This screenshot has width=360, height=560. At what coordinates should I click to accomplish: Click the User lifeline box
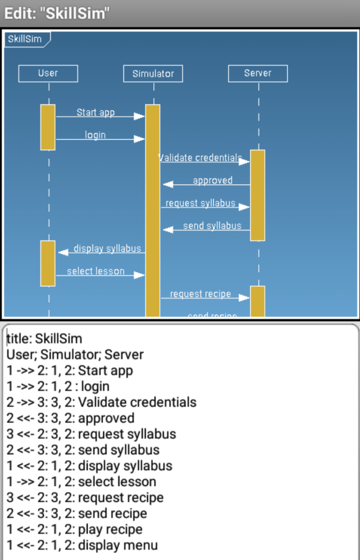(48, 74)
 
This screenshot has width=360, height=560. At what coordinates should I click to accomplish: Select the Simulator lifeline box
(153, 74)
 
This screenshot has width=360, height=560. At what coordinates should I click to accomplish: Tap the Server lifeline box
(257, 74)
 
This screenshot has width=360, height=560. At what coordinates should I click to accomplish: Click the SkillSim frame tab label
(25, 39)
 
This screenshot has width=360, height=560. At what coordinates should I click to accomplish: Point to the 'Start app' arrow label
(96, 112)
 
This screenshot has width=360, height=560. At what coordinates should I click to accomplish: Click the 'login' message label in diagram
(95, 135)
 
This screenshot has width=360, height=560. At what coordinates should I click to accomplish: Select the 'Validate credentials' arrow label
(201, 158)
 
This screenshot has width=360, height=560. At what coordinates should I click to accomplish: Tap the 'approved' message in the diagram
(212, 180)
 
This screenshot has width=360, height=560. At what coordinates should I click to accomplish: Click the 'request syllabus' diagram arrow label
(200, 203)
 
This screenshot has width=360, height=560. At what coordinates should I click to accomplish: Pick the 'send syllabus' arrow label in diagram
(212, 226)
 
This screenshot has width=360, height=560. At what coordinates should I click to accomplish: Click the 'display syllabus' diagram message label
(107, 249)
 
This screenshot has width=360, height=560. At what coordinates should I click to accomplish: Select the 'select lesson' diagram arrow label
(96, 271)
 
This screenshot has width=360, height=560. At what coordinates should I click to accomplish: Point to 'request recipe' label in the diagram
(200, 294)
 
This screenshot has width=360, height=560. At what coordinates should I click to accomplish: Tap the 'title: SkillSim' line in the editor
(45, 338)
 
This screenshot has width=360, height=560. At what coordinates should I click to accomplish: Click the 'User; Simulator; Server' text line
(75, 355)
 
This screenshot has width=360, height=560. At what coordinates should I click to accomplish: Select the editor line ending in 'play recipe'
(75, 530)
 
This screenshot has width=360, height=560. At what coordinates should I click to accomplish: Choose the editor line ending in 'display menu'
(82, 545)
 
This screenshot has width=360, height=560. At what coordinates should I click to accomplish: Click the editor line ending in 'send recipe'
(77, 514)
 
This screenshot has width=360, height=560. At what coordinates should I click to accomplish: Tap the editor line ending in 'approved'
(70, 418)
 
